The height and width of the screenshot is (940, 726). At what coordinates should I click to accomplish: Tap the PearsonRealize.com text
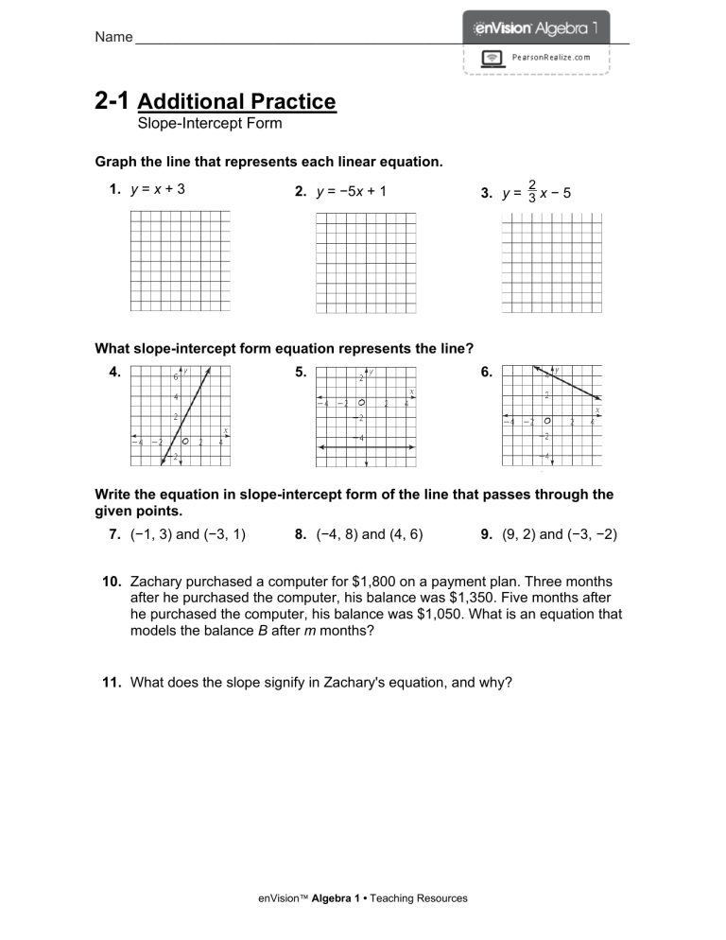(x=550, y=58)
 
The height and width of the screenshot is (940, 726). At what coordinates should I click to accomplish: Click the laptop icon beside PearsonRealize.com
(x=493, y=58)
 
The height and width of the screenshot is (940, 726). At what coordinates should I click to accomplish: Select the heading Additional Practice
(x=236, y=101)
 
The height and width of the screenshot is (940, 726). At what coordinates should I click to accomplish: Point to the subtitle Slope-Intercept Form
(x=210, y=123)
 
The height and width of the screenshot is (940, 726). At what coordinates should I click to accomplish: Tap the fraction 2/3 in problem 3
(x=532, y=192)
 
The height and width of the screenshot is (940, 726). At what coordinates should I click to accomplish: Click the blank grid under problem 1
(x=180, y=260)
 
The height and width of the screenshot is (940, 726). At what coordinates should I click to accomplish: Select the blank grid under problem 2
(x=365, y=262)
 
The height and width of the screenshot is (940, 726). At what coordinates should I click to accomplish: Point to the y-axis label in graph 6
(x=557, y=370)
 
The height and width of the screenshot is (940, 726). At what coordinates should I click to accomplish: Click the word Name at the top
(x=112, y=37)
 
